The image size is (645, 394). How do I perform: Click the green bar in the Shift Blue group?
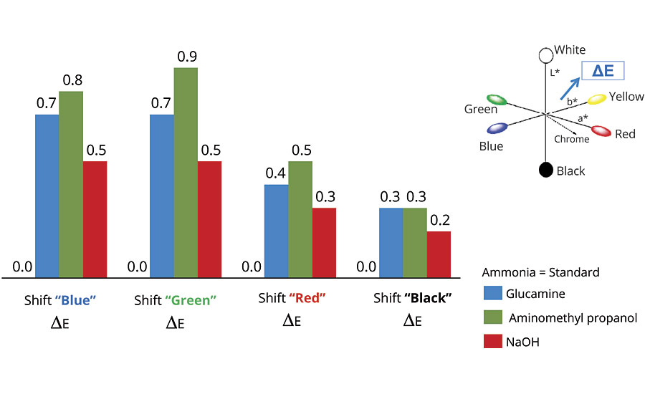point(71,184)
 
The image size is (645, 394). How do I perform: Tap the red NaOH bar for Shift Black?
point(439,254)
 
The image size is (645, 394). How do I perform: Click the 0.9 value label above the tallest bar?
point(185,57)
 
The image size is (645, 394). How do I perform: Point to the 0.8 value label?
point(71,80)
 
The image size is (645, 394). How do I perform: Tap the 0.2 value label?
point(439,220)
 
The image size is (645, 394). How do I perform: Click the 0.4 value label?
point(276,173)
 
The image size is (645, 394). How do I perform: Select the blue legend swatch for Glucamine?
point(492,293)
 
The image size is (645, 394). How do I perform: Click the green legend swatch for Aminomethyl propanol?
point(492,317)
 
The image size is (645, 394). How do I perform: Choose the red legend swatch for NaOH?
point(492,342)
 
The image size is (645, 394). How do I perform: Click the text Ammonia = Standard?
point(540,272)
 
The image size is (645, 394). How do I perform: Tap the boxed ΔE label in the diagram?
point(602,70)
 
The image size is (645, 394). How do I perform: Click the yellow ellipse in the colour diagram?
point(597,100)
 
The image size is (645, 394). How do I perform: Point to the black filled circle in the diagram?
point(545,170)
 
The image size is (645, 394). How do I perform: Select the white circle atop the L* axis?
point(545,53)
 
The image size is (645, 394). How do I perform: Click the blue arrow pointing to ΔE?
point(571,90)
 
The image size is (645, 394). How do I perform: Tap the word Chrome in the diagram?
point(571,139)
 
